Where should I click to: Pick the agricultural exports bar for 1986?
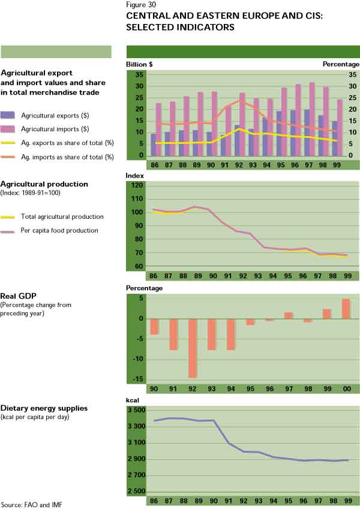click(x=154, y=144)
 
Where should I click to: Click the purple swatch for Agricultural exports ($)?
click(x=8, y=115)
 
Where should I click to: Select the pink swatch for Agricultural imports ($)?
click(x=8, y=129)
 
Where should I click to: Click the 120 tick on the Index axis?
click(x=136, y=186)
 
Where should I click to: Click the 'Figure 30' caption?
click(x=141, y=5)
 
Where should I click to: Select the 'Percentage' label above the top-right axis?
click(x=340, y=64)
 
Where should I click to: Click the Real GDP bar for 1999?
click(x=327, y=314)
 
